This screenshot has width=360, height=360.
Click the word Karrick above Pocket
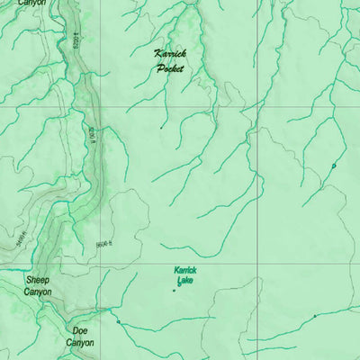tap(168, 54)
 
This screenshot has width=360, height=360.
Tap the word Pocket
tap(169, 67)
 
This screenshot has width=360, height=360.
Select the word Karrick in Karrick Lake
tap(185, 270)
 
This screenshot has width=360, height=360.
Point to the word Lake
tap(186, 281)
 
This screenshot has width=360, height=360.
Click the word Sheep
tap(38, 280)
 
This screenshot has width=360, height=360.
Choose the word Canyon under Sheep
tap(38, 292)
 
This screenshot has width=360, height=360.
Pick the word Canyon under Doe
tap(80, 343)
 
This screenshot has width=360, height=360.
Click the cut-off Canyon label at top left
tap(31, 4)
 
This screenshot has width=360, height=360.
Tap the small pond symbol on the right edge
tap(334, 166)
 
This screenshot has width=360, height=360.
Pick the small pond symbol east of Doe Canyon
tap(117, 319)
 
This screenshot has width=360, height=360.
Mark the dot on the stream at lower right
tap(314, 317)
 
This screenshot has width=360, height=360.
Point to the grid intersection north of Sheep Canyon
tap(99, 265)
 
